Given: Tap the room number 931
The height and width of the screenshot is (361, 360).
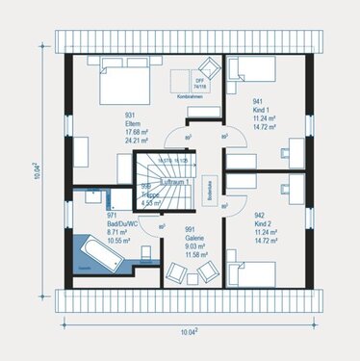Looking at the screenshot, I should click(133, 116).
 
